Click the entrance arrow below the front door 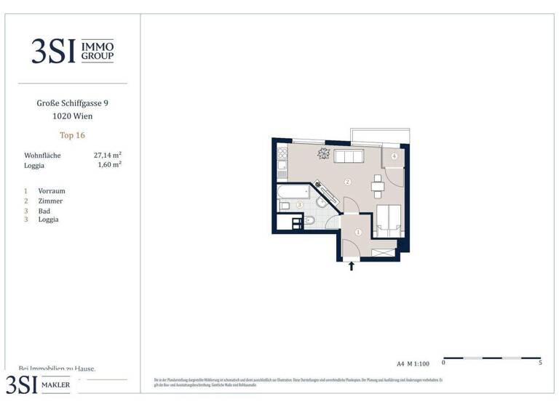pyautogui.click(x=352, y=267)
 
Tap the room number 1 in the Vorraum pyautogui.click(x=358, y=233)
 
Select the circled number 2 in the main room pyautogui.click(x=348, y=182)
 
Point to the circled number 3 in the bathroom pyautogui.click(x=298, y=205)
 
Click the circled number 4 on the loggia pyautogui.click(x=394, y=156)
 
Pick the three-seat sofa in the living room pyautogui.click(x=349, y=156)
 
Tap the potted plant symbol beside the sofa pyautogui.click(x=323, y=153)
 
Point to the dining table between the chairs pyautogui.click(x=377, y=186)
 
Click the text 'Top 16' pyautogui.click(x=73, y=134)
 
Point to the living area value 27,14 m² pyautogui.click(x=107, y=155)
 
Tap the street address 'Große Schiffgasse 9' pyautogui.click(x=73, y=103)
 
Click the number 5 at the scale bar pyautogui.click(x=540, y=362)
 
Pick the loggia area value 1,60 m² pyautogui.click(x=109, y=164)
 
